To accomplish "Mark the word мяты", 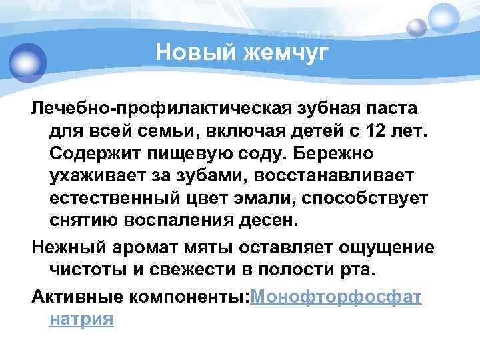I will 215,247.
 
